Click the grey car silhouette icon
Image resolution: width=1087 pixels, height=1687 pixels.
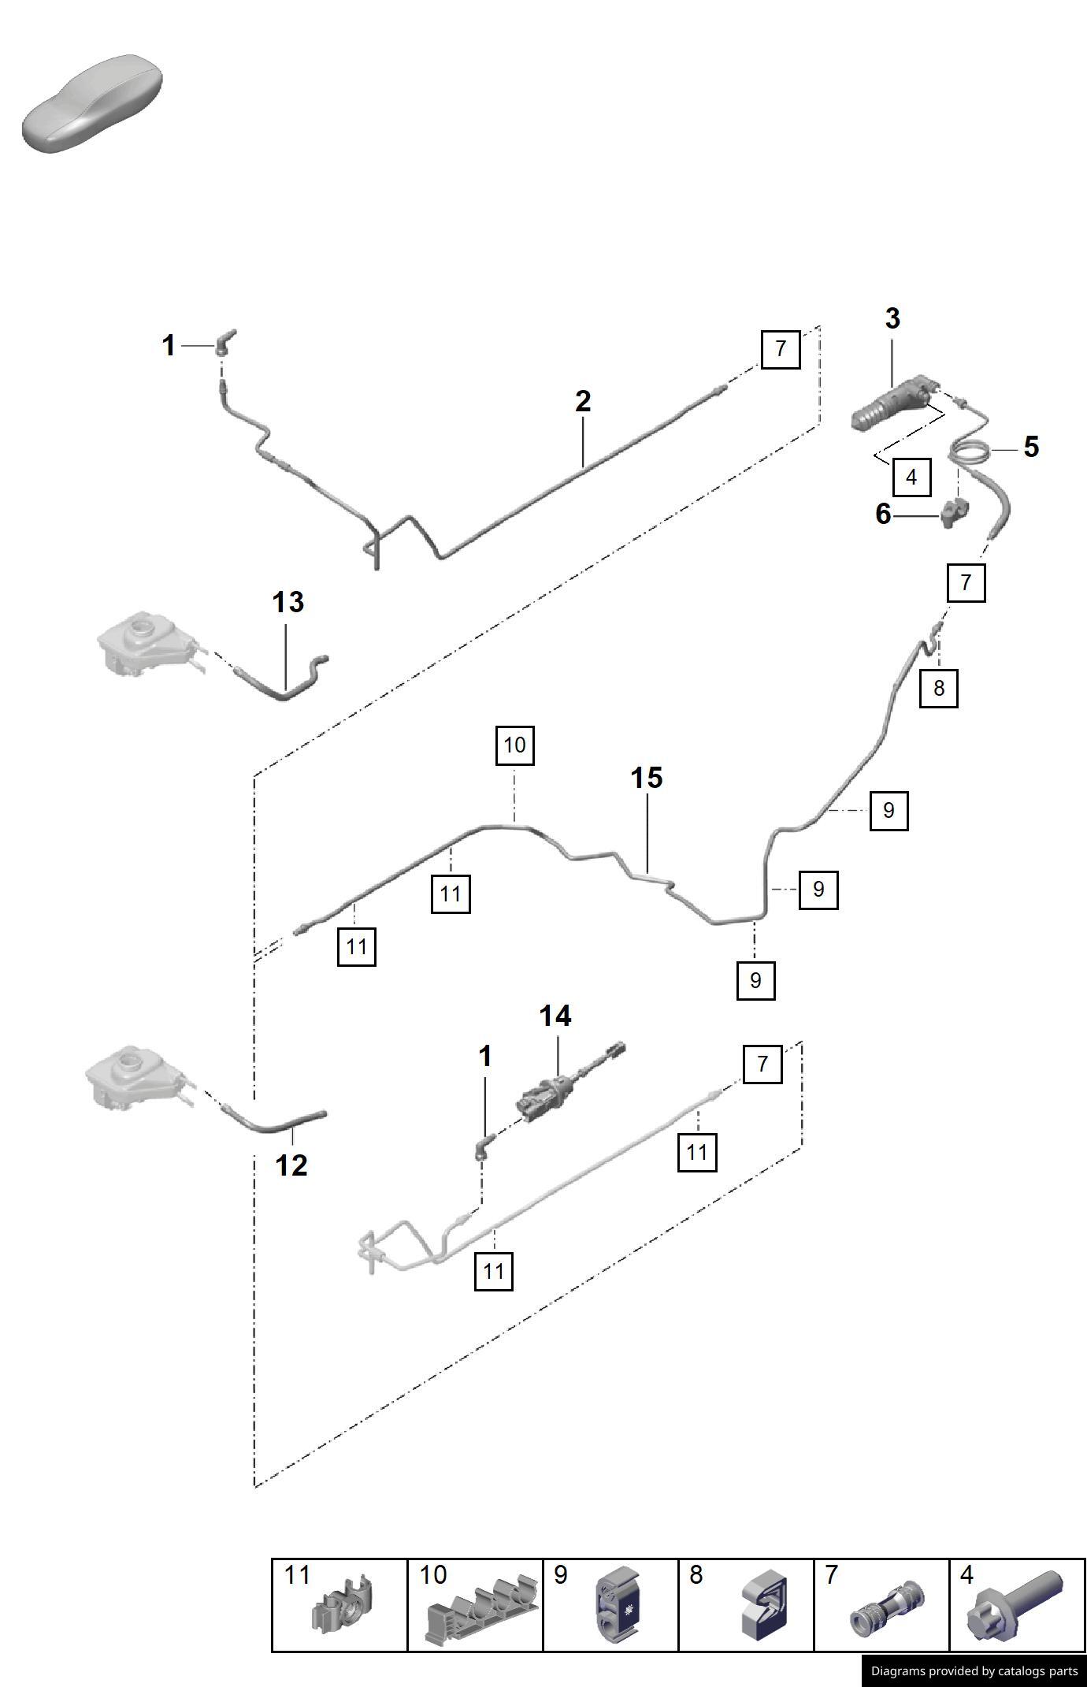(x=93, y=103)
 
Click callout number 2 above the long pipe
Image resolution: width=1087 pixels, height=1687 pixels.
(x=582, y=402)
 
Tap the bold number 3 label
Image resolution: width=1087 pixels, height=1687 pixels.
(x=892, y=319)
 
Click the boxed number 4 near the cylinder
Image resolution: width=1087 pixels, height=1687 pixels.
(x=911, y=477)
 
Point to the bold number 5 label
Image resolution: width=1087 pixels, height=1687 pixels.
(x=1031, y=448)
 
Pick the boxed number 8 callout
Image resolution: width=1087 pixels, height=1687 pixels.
(x=938, y=688)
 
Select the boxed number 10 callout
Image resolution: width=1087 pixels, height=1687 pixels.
(x=514, y=745)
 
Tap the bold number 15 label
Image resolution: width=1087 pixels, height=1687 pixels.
(x=646, y=778)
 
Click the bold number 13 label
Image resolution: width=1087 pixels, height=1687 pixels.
(x=288, y=603)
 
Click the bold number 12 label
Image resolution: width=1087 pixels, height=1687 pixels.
(x=291, y=1165)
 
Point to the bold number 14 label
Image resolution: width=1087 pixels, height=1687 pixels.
(x=555, y=1016)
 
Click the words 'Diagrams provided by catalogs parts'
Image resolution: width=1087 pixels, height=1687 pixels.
(x=974, y=1671)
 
